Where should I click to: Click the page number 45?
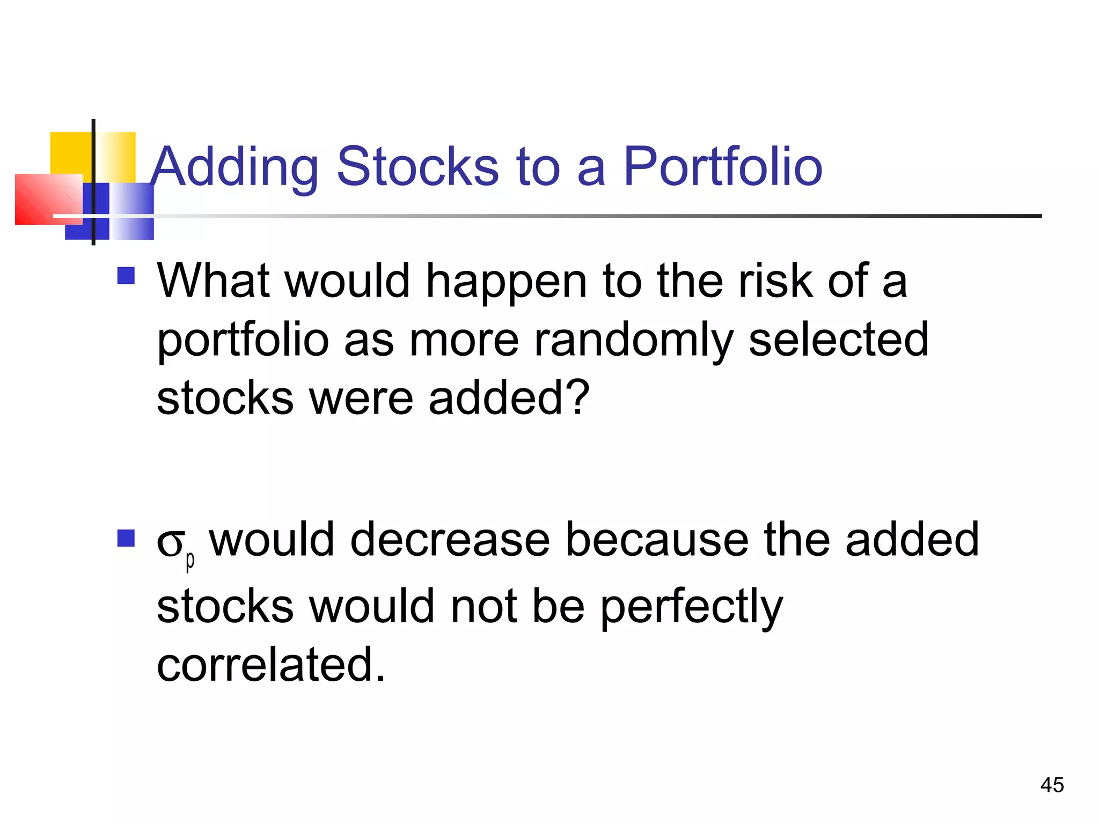tap(1052, 785)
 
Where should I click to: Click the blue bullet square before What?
tap(126, 276)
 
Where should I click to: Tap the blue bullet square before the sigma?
tap(126, 538)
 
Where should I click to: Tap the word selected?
tap(838, 339)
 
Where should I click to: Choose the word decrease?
tap(450, 540)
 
